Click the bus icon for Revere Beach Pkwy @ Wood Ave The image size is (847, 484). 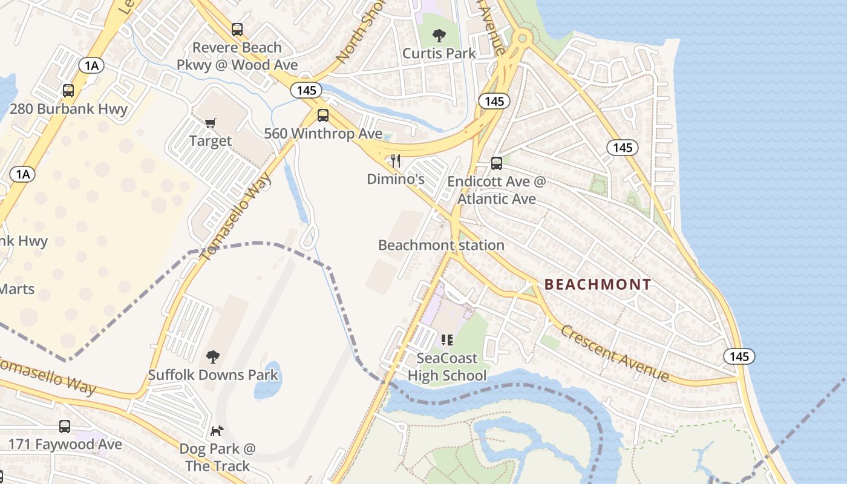coord(237,29)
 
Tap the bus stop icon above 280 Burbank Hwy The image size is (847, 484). coord(68,91)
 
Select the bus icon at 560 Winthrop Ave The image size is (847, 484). coord(323,116)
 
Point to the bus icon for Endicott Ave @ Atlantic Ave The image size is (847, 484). coord(496,163)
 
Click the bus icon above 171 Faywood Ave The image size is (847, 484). coord(65,426)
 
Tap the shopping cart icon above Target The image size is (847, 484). coord(210,123)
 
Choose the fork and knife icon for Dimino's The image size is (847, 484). coord(396,160)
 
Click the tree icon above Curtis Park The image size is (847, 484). coord(439,35)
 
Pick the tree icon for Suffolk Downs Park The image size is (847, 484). coord(212,356)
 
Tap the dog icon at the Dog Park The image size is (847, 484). coord(217,431)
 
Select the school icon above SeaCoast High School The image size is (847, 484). coord(447,340)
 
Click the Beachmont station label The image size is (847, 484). coord(441,245)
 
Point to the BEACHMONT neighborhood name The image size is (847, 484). coord(598,284)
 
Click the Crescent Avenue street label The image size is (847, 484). coord(615,353)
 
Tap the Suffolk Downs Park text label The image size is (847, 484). coord(213,375)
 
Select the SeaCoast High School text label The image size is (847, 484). coord(447,367)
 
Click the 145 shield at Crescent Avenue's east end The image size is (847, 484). coord(739,356)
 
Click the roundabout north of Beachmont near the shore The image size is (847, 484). coord(521,38)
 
